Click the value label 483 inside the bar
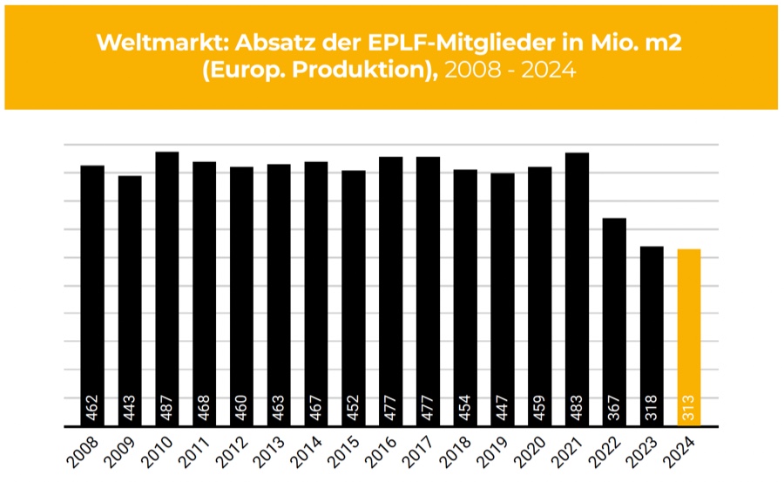[x=577, y=408]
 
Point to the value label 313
[x=688, y=408]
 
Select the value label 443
[x=130, y=408]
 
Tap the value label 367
[x=614, y=408]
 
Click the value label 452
[x=353, y=408]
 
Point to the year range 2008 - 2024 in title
[x=510, y=71]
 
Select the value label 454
[x=465, y=408]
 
